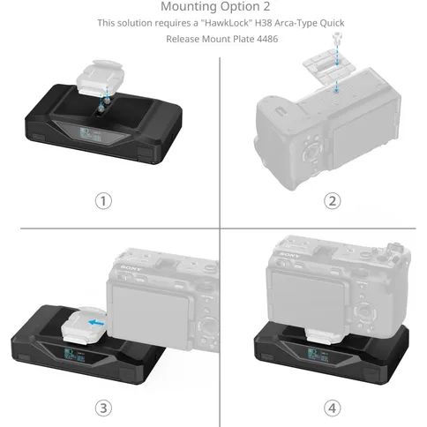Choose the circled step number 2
[308, 201]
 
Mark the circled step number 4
[308, 407]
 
